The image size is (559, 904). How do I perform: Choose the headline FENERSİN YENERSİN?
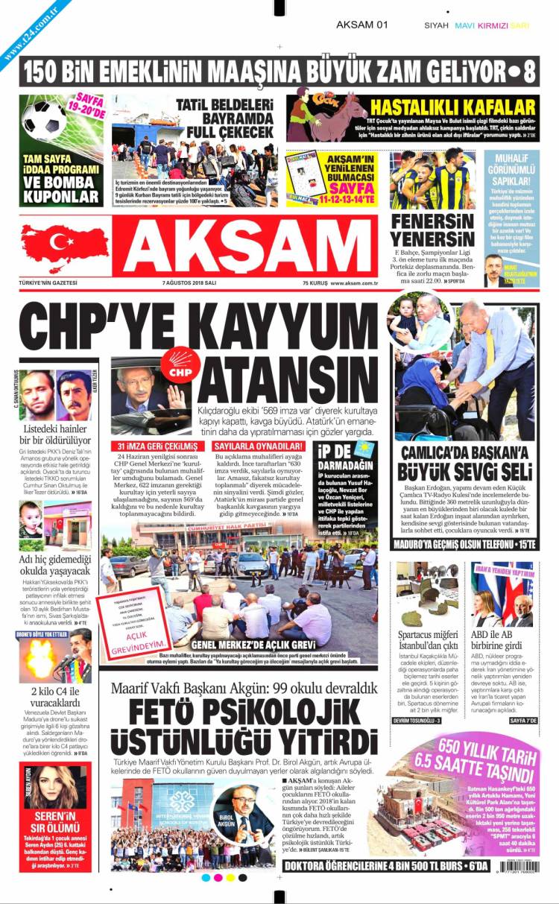tap(432, 231)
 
